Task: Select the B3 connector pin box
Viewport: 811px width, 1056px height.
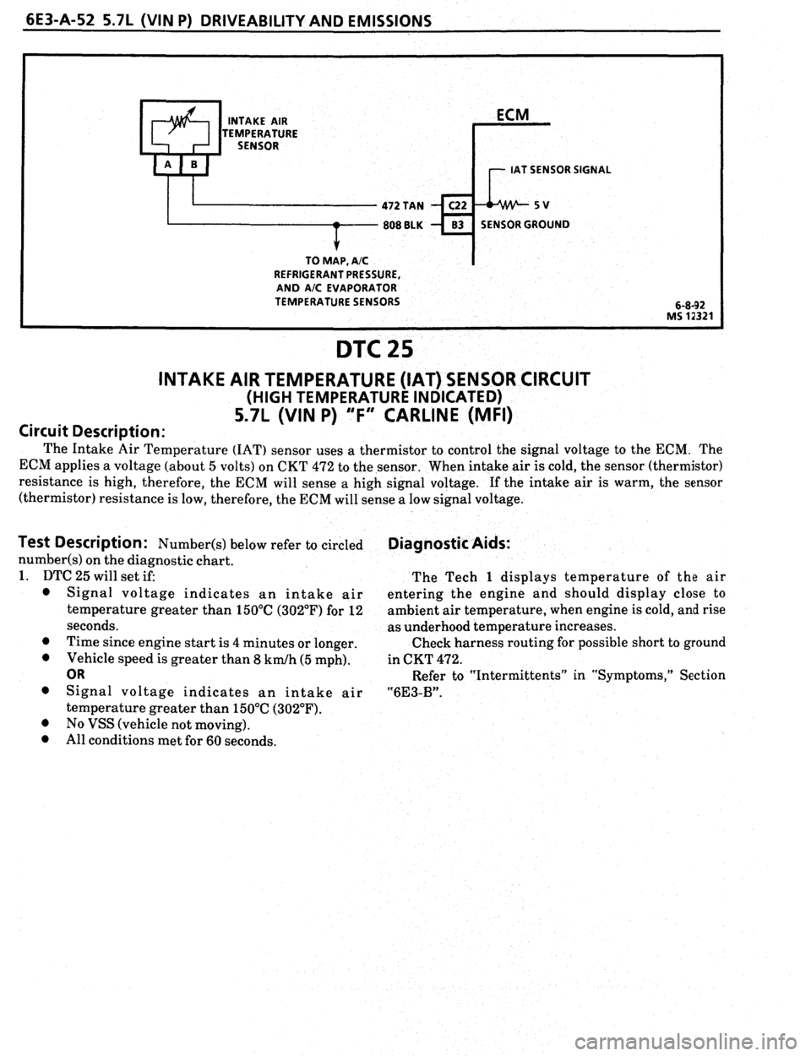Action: pyautogui.click(x=454, y=225)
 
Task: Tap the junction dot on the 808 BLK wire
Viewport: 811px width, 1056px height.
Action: pyautogui.click(x=336, y=226)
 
